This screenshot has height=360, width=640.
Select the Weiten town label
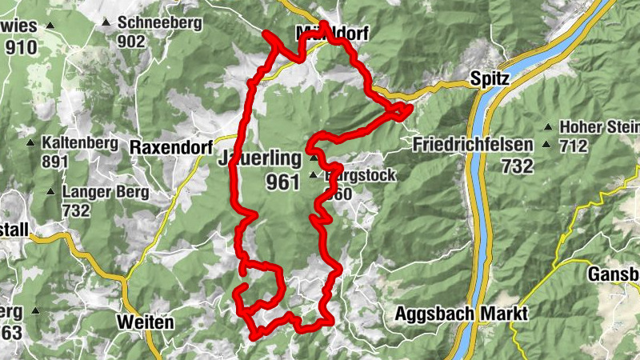(145, 322)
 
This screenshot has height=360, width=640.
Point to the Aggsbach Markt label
(461, 314)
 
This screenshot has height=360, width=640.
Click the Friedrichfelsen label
(474, 146)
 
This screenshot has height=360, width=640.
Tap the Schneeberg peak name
(159, 22)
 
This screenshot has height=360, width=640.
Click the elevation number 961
(282, 182)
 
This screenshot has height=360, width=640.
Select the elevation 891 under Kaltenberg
(55, 161)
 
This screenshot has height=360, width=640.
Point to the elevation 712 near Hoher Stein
(574, 146)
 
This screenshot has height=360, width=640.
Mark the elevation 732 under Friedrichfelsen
(518, 166)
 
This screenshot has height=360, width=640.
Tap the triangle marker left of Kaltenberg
(30, 143)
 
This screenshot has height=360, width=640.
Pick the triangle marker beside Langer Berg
(51, 192)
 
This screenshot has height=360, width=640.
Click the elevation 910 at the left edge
(21, 47)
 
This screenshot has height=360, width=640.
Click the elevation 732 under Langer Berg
(78, 210)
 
